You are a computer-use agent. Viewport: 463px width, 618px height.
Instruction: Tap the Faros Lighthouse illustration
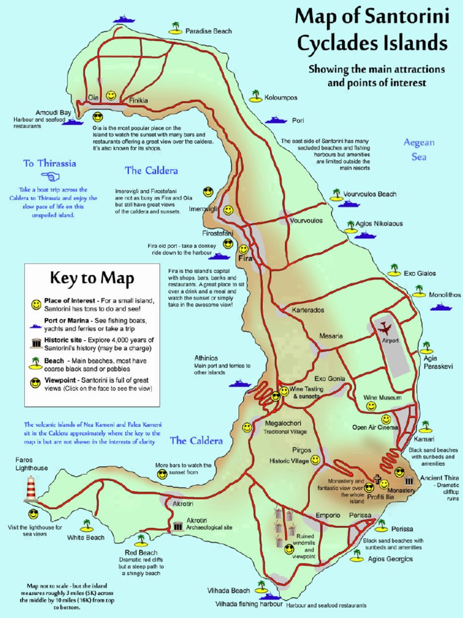point(31,489)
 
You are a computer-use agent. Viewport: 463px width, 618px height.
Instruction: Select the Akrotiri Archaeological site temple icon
point(178,526)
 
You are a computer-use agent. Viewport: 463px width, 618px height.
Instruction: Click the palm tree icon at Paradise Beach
point(175,28)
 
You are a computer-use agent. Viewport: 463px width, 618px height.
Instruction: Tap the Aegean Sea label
point(418,149)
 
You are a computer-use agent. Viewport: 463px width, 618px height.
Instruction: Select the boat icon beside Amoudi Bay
point(73,122)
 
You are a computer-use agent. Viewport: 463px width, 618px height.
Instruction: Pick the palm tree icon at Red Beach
point(140,540)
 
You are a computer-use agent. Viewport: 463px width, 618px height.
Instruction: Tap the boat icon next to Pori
point(276,120)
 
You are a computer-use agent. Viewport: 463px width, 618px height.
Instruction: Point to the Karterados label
point(308,310)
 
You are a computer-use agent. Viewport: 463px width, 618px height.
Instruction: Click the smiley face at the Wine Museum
point(371,407)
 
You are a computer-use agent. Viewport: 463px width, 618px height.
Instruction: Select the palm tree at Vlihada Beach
point(261,586)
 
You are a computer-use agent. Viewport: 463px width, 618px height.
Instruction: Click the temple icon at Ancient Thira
point(409,481)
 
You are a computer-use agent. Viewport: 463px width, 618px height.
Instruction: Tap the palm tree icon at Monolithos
point(419,291)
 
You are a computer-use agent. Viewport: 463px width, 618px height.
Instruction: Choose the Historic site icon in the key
point(36,344)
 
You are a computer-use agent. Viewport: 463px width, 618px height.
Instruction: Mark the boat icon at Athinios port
point(239,383)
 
